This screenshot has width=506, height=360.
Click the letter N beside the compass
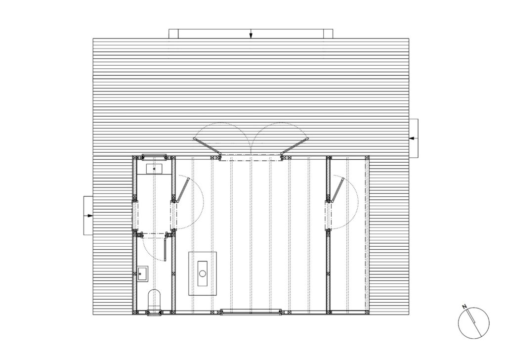pos(464,307)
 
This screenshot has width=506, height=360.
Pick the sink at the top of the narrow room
pos(155,169)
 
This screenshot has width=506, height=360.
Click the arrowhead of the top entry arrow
pos(251,36)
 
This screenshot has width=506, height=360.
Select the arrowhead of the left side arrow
pos(89,216)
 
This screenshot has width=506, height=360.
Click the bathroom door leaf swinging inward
pos(165,250)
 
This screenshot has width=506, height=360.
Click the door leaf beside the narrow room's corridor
pos(182,190)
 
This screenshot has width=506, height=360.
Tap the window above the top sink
pos(155,157)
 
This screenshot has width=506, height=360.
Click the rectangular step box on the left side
pos(88,215)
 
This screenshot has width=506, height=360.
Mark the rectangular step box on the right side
pos(414,138)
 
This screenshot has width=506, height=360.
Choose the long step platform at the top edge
pos(251,34)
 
